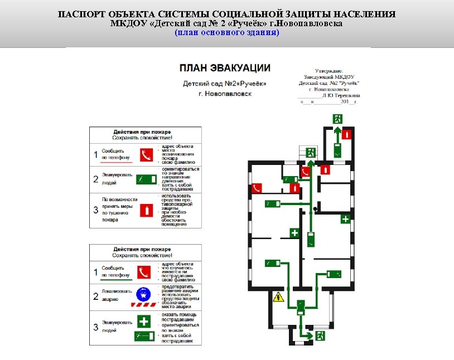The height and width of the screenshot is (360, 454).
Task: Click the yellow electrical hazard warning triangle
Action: pyautogui.click(x=277, y=298)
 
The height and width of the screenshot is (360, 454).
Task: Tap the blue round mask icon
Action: pyautogui.click(x=143, y=293)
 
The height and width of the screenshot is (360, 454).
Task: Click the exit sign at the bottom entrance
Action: pyautogui.click(x=321, y=335)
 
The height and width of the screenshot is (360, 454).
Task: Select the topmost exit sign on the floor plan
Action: pyautogui.click(x=337, y=118)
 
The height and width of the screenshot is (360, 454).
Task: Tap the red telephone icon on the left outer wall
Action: pyautogui.click(x=257, y=188)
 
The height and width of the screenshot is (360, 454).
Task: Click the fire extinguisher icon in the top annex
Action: pyautogui.click(x=347, y=134)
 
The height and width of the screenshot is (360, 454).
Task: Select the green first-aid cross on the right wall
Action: pyautogui.click(x=345, y=219)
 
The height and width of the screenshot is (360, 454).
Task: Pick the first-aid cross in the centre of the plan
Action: pyautogui.click(x=294, y=232)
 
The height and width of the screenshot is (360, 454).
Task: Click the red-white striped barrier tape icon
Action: pyautogui.click(x=143, y=305)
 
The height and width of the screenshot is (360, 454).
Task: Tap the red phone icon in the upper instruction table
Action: pyautogui.click(x=146, y=154)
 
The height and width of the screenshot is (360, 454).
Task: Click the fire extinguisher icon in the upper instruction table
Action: pyautogui.click(x=146, y=210)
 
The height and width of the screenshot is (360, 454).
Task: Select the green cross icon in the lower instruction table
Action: pyautogui.click(x=143, y=322)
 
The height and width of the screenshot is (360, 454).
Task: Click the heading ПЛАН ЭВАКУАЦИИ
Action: pyautogui.click(x=225, y=67)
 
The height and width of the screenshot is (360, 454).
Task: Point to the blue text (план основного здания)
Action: pyautogui.click(x=227, y=33)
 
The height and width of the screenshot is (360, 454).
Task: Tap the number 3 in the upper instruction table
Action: pyautogui.click(x=95, y=210)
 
